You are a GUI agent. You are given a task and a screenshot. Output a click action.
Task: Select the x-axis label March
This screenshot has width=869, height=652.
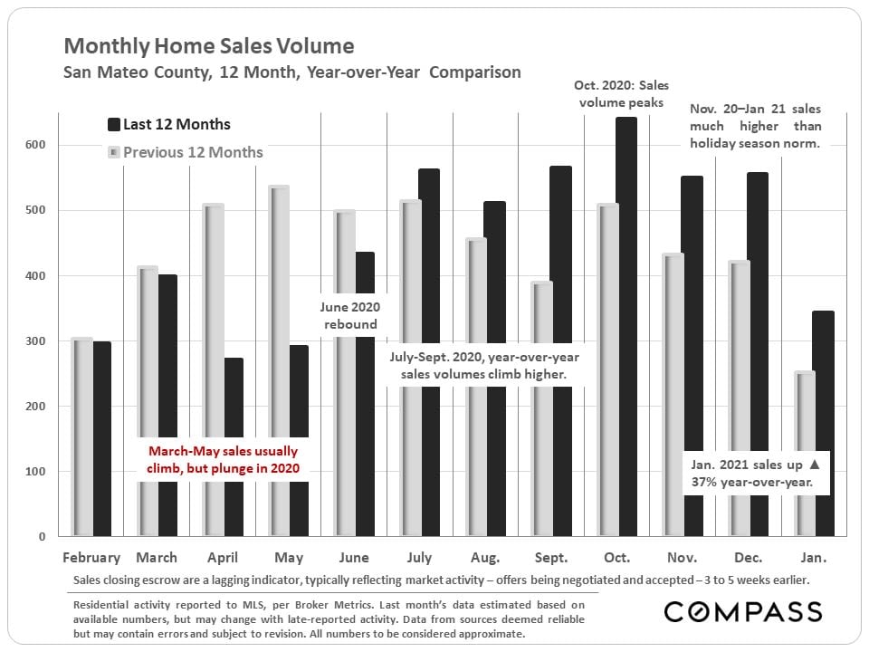click(x=157, y=557)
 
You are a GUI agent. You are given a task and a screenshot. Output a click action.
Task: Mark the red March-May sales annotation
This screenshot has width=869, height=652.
click(x=222, y=459)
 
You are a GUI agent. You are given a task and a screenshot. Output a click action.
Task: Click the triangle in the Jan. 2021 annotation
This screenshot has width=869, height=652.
click(x=814, y=465)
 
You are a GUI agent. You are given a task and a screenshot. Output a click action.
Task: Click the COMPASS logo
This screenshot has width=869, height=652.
click(x=742, y=611)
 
